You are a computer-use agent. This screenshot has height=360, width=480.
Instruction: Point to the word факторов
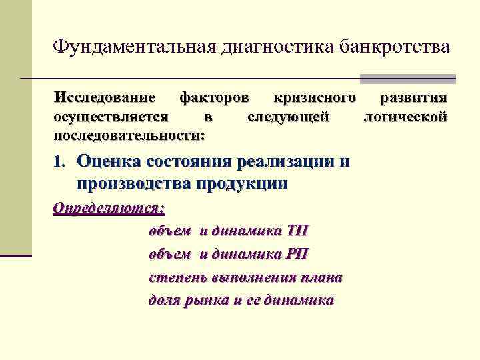coord(215,98)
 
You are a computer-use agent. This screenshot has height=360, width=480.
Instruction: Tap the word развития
coord(413,98)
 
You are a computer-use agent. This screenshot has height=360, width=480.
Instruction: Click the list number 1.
coord(59,162)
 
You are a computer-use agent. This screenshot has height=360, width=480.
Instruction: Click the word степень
coord(177,277)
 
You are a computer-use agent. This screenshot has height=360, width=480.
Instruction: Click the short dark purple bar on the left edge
coord(16,255)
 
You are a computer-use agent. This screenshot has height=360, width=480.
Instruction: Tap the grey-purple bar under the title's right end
coord(407,79)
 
